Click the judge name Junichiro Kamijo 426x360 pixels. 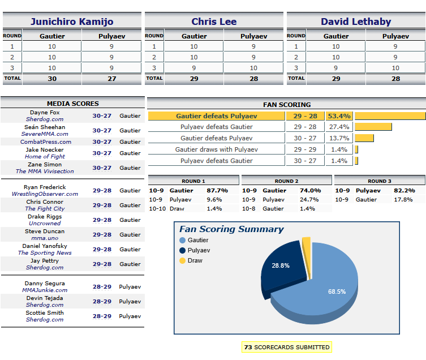(72, 22)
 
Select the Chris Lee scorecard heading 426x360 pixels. (214, 22)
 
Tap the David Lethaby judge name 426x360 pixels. (356, 22)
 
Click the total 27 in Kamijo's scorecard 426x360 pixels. (111, 79)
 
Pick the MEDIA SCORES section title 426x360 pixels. (72, 104)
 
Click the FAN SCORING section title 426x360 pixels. (287, 105)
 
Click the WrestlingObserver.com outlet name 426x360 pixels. (45, 194)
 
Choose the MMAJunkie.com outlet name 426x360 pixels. (45, 290)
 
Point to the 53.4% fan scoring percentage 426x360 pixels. (339, 116)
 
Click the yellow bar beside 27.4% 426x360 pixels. (373, 127)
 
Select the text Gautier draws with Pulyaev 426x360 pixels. (216, 149)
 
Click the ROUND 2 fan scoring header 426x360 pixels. (286, 181)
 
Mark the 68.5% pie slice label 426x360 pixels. (337, 292)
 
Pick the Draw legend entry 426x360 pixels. (195, 260)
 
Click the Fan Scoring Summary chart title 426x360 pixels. (231, 229)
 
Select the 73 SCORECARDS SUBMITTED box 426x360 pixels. (286, 347)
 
